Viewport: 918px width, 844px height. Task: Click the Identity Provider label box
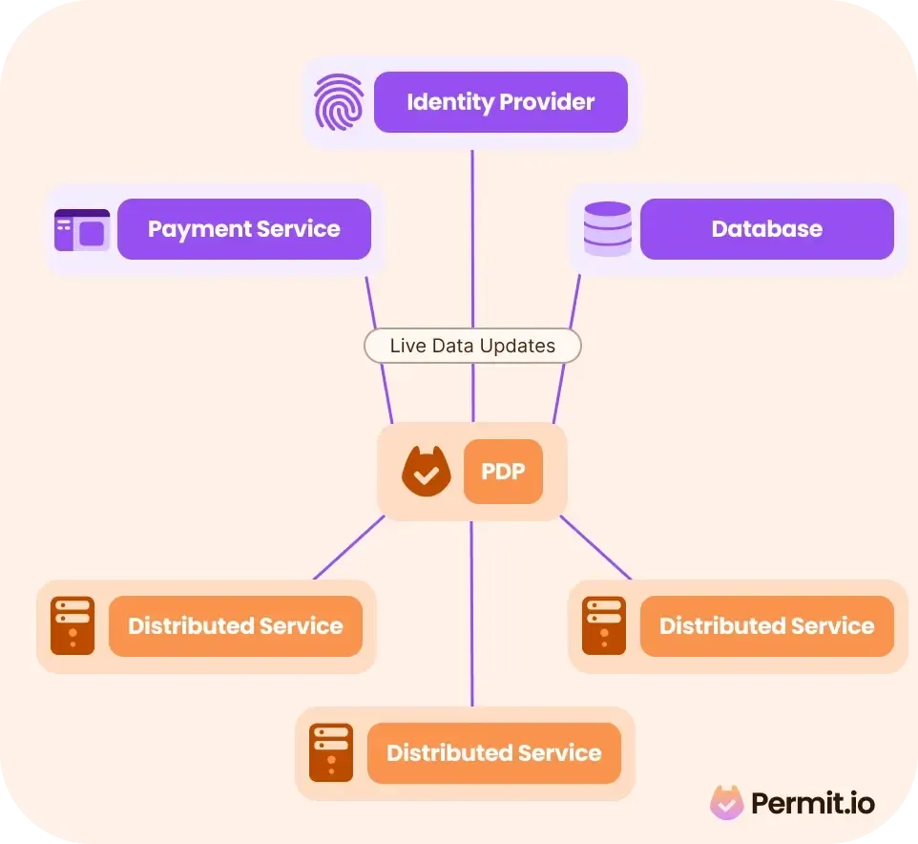point(500,102)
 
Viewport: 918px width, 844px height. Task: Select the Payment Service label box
point(243,229)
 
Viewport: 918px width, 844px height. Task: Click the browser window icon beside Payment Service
point(81,230)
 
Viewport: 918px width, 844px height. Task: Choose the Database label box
point(766,229)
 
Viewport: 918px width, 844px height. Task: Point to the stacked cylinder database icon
point(607,229)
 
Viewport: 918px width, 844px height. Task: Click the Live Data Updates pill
point(472,346)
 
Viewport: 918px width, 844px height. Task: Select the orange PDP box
point(503,472)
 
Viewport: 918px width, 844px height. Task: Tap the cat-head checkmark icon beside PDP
point(426,472)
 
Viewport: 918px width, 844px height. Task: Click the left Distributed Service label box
point(235,626)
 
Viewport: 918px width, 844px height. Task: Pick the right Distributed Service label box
point(766,626)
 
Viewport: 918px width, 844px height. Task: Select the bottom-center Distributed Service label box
point(493,753)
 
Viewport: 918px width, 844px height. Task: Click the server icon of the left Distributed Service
point(73,626)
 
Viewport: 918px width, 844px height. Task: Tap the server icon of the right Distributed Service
point(603,626)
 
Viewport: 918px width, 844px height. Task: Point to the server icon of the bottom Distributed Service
point(331,753)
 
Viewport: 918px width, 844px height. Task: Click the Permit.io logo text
point(812,804)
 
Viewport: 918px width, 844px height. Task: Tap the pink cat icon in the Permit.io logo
point(726,803)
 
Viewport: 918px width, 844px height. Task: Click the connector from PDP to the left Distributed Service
point(348,548)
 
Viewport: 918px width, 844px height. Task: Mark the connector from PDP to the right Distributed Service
point(595,548)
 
